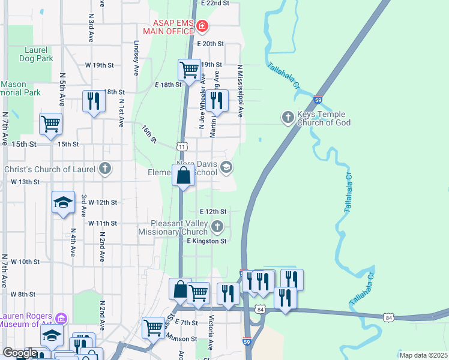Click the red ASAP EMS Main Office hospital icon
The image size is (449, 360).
[x=202, y=26]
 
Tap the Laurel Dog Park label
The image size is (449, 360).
[x=31, y=54]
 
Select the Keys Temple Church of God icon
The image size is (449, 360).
[x=288, y=117]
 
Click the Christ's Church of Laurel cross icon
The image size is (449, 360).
[x=105, y=169]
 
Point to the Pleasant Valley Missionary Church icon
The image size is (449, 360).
[x=217, y=227]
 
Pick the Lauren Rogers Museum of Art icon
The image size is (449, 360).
[x=60, y=317]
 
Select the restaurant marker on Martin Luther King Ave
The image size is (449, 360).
[x=216, y=100]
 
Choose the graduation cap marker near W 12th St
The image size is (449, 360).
[x=63, y=203]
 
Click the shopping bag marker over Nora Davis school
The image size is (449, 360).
[x=184, y=176]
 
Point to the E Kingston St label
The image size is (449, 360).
[x=206, y=241]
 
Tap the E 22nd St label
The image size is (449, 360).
[x=215, y=3]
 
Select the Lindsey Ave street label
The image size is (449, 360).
[x=137, y=58]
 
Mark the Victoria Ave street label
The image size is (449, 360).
[x=211, y=333]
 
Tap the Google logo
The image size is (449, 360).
[x=20, y=353]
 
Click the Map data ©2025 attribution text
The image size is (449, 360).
[x=423, y=355]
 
